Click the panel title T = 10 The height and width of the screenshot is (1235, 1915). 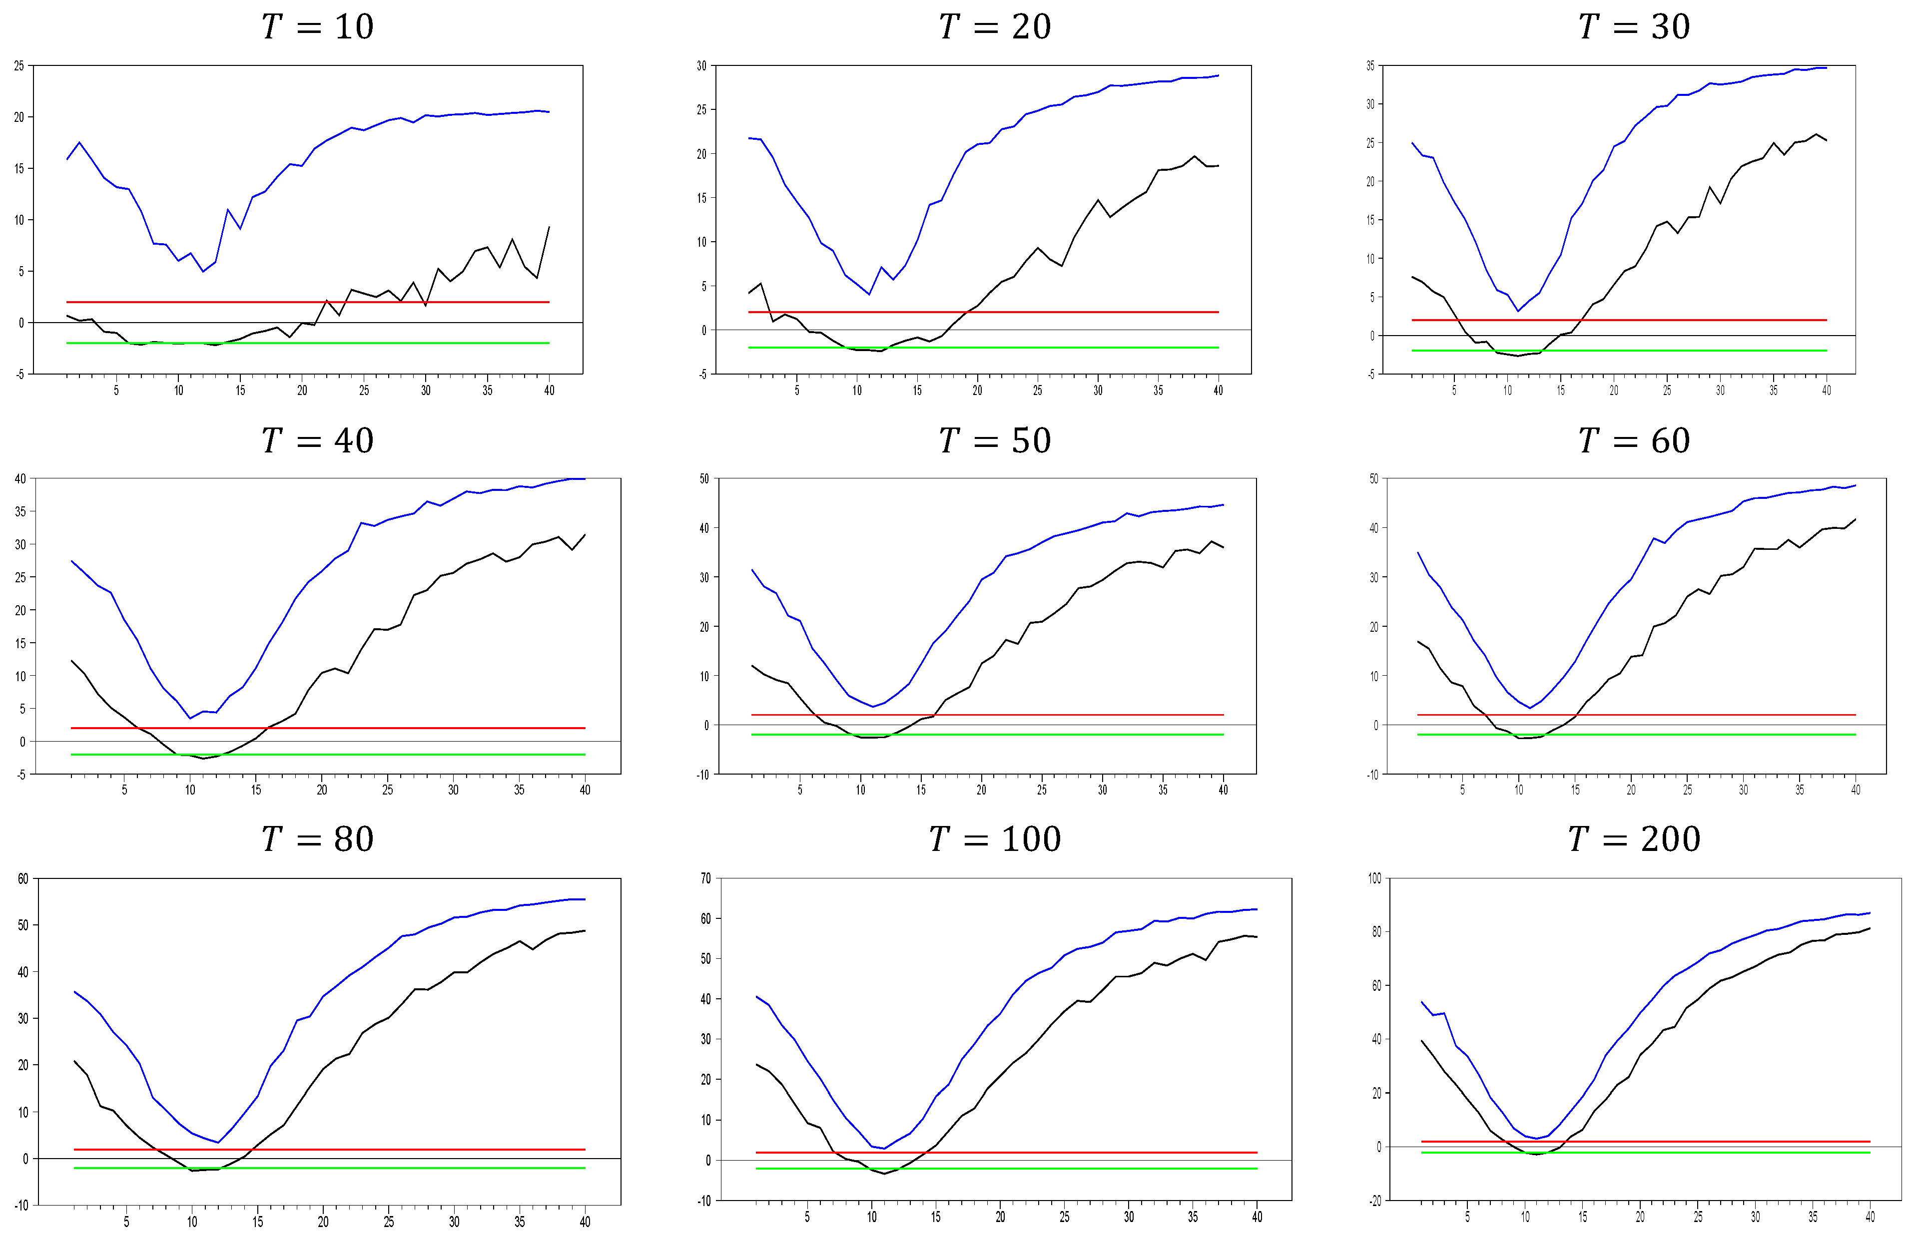coord(318,27)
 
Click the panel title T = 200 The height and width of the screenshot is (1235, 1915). coord(1634,839)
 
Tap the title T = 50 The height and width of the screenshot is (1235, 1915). coord(995,441)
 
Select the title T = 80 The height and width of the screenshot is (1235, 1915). coord(318,839)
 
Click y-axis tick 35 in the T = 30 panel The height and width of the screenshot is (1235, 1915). coord(1370,66)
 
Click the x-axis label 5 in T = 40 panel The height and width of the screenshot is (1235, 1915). coord(124,790)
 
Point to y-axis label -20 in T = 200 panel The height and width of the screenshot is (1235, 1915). coord(1375,1201)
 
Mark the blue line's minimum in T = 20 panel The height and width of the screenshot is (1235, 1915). coord(869,294)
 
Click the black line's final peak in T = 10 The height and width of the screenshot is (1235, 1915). coord(549,227)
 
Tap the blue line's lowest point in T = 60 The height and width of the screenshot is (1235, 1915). coord(1530,708)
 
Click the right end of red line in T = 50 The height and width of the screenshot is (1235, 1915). coord(1224,715)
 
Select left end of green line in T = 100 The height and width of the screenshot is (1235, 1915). coord(756,1169)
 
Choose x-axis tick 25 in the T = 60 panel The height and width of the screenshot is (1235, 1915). coord(1687,790)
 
